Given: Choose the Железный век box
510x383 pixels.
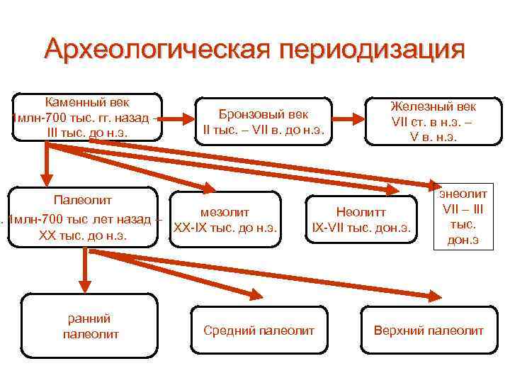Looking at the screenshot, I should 433,121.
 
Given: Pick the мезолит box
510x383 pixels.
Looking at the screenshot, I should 225,219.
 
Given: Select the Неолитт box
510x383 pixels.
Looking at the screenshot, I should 362,219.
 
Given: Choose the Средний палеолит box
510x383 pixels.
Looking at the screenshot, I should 259,331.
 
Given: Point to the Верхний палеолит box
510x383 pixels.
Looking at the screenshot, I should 429,331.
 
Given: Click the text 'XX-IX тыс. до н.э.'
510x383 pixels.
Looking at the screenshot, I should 225,228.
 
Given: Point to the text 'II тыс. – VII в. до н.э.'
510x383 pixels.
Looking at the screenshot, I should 263,130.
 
